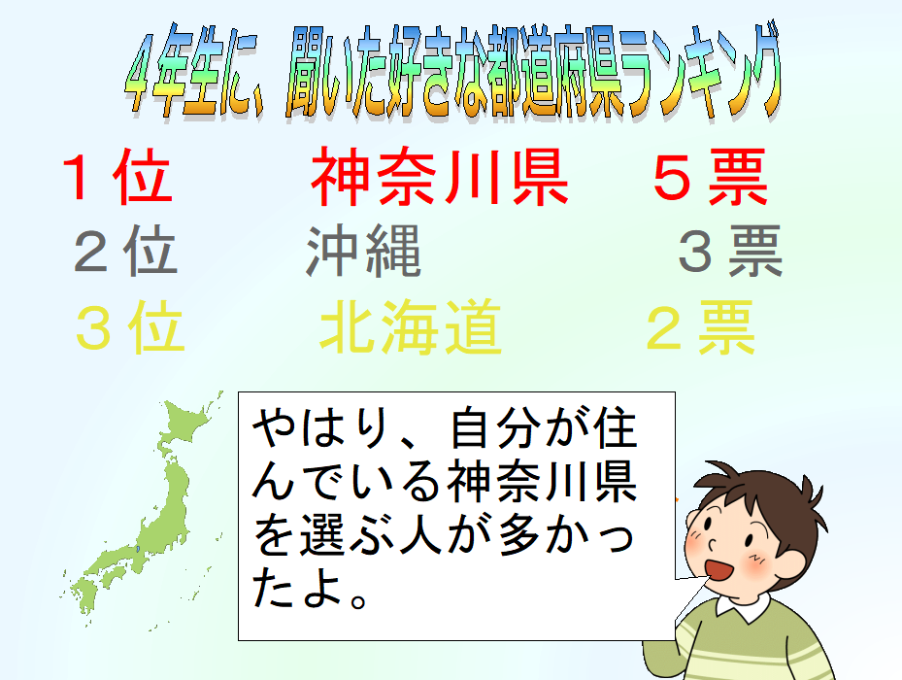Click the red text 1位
117,176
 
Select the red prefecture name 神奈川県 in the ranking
440,176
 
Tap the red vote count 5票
711,176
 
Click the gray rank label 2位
125,251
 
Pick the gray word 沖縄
363,251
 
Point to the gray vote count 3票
730,251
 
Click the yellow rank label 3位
130,327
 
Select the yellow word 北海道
411,327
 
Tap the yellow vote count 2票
700,327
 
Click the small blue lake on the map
138,549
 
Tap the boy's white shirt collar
744,606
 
